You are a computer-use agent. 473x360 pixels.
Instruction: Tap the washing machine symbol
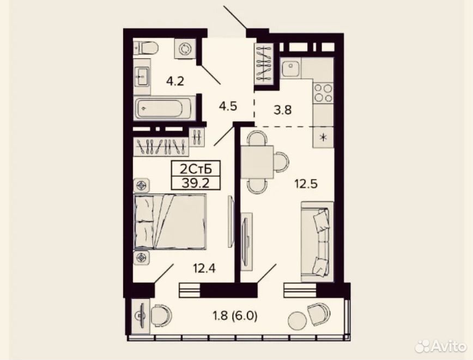coord(184,49)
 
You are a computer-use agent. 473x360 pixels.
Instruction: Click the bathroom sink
coord(142,77)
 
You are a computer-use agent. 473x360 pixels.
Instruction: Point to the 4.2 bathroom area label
coord(175,81)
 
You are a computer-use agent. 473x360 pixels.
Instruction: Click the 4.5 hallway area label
coord(228,106)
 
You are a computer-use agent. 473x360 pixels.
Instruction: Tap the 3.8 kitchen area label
coord(283,110)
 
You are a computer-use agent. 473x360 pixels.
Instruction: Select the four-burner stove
coord(323,93)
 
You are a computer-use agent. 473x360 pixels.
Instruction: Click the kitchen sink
coord(291,68)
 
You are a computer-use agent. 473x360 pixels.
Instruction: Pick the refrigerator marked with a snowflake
coord(323,137)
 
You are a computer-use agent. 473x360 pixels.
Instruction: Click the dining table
coord(257,162)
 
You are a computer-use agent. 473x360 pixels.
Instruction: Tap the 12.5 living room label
coord(306,184)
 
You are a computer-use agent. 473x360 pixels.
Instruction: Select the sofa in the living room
coord(317,241)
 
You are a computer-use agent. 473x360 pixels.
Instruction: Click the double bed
coord(171,222)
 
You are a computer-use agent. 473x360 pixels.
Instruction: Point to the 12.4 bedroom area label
coord(204,268)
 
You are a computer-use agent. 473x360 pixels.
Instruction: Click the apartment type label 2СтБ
coord(196,169)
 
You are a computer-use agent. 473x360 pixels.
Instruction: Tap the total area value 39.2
coord(196,182)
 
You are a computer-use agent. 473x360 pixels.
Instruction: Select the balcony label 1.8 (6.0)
coord(235,316)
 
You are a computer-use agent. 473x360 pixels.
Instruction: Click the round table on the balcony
coord(297,321)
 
